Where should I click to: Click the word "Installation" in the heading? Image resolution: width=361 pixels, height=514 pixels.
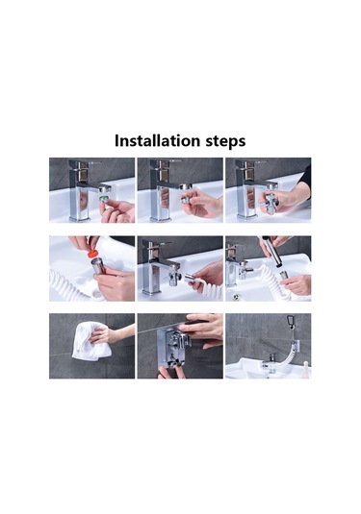(157, 141)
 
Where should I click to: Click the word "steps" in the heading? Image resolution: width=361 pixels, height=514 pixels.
(225, 141)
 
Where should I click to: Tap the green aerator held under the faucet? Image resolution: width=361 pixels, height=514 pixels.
(105, 199)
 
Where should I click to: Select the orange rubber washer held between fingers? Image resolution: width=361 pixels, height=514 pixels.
(92, 253)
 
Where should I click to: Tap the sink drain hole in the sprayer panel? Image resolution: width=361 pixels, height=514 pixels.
(235, 297)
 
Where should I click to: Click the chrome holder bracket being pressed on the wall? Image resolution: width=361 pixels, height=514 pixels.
(171, 349)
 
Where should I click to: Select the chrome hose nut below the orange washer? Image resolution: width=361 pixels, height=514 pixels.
(98, 266)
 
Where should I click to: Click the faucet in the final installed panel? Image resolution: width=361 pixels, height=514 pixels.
(270, 362)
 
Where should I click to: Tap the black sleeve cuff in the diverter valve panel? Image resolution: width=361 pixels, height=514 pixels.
(304, 180)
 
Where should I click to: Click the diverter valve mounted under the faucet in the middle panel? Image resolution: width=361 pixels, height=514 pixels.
(172, 276)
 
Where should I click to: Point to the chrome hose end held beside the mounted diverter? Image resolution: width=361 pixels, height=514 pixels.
(190, 279)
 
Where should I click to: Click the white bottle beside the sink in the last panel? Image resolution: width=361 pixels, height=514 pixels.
(306, 369)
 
